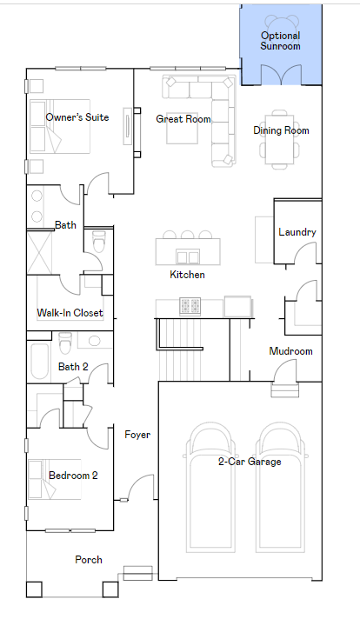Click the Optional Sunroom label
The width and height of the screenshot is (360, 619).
(x=281, y=41)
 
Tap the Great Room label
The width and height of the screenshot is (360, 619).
(x=183, y=119)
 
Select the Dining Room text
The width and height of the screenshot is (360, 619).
(x=281, y=130)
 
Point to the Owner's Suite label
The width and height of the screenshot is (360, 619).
(x=77, y=117)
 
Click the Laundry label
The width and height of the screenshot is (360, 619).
(x=297, y=232)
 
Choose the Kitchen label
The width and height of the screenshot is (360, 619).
(x=187, y=275)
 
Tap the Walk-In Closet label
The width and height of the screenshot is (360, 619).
(x=70, y=313)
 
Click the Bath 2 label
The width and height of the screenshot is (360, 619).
(x=74, y=367)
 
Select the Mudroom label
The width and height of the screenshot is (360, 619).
(x=290, y=351)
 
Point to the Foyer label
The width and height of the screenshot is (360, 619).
(x=138, y=434)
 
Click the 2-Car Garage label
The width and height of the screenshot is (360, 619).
(x=250, y=462)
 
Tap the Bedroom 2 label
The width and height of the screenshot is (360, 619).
(x=73, y=476)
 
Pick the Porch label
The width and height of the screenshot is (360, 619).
(x=89, y=559)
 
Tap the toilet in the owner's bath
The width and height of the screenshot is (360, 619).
(x=98, y=243)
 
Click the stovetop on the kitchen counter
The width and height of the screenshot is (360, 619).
(x=190, y=305)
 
